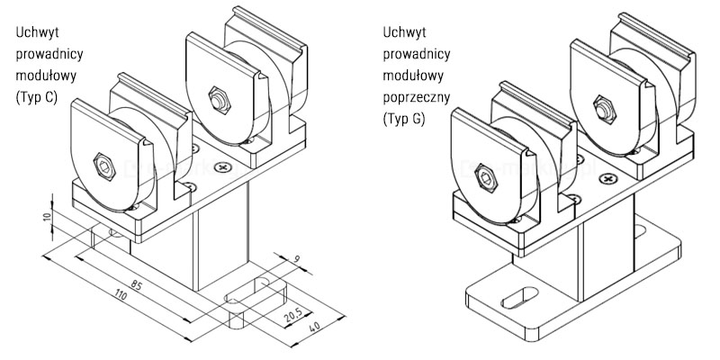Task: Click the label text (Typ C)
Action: coord(37,99)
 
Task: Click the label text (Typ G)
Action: coord(404,119)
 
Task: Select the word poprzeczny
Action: coord(417,97)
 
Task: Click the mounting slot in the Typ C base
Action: coord(255,294)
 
